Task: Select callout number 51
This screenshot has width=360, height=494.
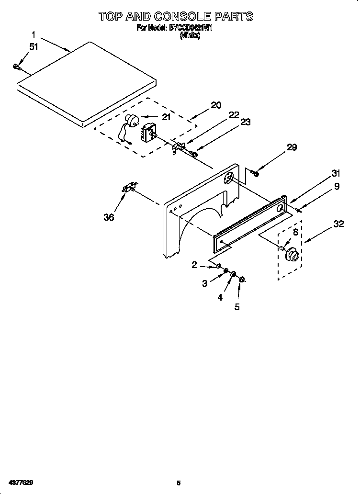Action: point(33,46)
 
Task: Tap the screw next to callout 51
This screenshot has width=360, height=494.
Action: point(17,67)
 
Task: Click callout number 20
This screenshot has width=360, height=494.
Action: point(216,105)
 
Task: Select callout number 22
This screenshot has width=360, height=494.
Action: point(234,114)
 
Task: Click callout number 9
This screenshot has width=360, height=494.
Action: point(337,187)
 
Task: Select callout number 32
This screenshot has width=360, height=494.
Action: point(338,224)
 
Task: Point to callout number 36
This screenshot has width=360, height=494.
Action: point(109,217)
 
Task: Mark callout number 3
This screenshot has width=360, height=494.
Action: point(205,283)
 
